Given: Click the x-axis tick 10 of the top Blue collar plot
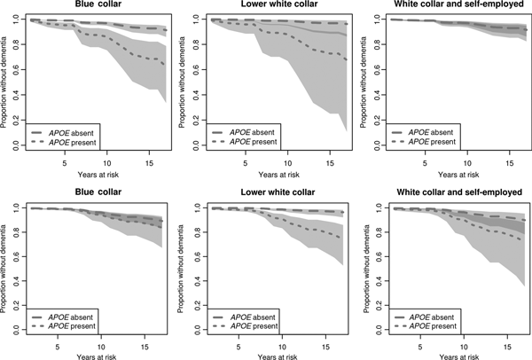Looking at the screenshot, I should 106,162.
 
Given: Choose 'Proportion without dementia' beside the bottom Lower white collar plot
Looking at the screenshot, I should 183,268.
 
